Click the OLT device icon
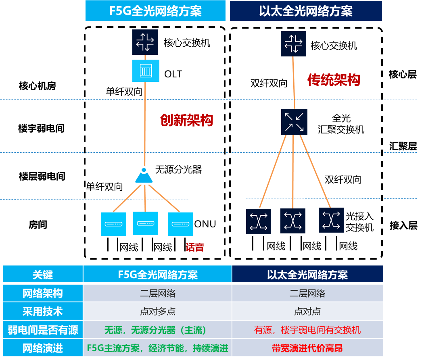click(x=146, y=71)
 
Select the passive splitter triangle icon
click(x=144, y=175)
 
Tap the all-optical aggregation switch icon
click(x=294, y=122)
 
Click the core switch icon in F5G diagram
click(x=145, y=42)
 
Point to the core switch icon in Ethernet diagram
click(x=293, y=44)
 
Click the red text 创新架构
click(x=186, y=120)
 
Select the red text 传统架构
click(x=334, y=80)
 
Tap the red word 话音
click(x=195, y=247)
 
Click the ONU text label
click(x=205, y=224)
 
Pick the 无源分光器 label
click(x=178, y=170)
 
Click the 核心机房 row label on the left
click(x=37, y=86)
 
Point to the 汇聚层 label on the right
click(x=403, y=146)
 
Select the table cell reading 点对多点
click(x=158, y=311)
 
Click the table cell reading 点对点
click(x=308, y=311)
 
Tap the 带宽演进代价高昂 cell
click(x=308, y=348)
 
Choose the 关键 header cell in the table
click(x=43, y=274)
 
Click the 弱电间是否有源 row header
click(x=43, y=330)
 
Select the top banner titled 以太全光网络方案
click(x=306, y=11)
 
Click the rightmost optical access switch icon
click(x=331, y=220)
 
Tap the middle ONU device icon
click(x=146, y=223)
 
